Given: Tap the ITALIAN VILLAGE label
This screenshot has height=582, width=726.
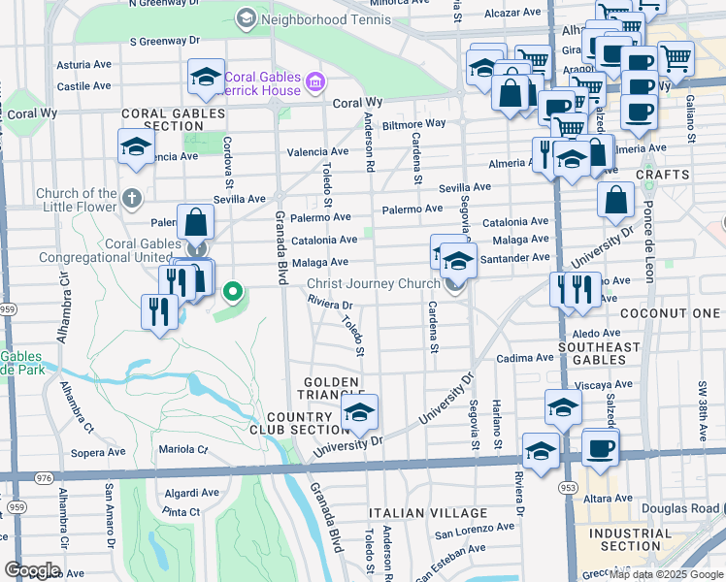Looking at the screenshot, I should (x=428, y=513).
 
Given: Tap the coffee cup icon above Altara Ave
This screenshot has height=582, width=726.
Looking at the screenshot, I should (x=600, y=448).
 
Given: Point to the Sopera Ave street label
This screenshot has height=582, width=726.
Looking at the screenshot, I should (x=99, y=452).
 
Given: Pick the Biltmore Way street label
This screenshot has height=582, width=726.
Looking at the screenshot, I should (x=413, y=124).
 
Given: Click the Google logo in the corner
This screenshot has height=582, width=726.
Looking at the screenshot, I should (x=31, y=570).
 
